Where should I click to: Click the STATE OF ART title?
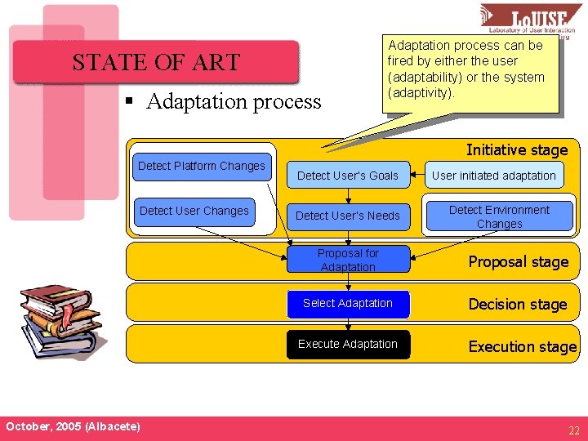coord(155,62)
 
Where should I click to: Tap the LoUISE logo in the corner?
coord(530,20)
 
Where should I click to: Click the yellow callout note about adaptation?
coord(472,71)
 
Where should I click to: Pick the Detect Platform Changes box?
coord(202,166)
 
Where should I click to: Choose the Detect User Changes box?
coord(194,211)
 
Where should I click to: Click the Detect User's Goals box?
coord(348,176)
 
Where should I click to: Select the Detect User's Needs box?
coord(348,216)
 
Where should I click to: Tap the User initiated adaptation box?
coord(494,176)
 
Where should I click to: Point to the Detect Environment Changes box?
coord(499,216)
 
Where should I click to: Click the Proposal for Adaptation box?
coord(348,260)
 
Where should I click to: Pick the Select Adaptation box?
coord(348,303)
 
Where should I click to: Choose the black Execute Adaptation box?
coord(348,344)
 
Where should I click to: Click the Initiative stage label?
coord(516,149)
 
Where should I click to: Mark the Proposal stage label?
coord(518,262)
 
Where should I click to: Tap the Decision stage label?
coord(517,305)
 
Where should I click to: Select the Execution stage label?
coord(522,346)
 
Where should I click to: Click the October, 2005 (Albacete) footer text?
coord(73,426)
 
